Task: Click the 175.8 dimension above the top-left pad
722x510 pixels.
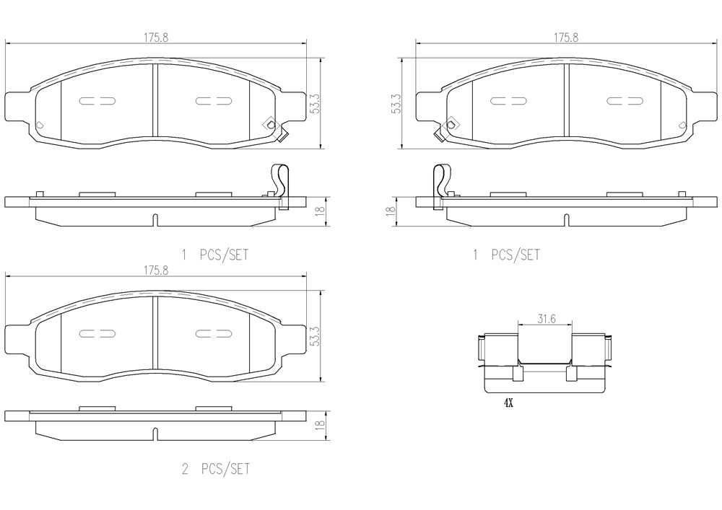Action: [156, 38]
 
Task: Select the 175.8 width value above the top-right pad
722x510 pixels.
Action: [566, 38]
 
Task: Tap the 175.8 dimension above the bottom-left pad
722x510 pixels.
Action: [156, 271]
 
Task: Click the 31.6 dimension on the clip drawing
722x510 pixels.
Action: [547, 318]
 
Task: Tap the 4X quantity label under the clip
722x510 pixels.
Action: [508, 403]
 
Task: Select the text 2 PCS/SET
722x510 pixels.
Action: [216, 469]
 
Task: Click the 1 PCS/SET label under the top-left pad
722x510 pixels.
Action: [215, 255]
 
